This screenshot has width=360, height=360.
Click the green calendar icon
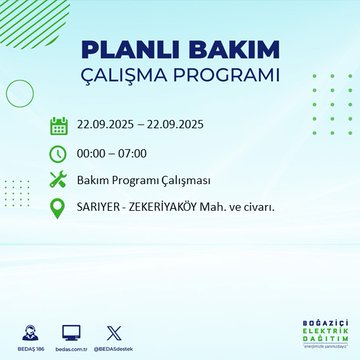click(59, 126)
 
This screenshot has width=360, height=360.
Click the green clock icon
click(59, 154)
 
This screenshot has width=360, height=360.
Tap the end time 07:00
click(144, 155)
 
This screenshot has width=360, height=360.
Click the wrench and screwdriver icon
click(59, 182)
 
